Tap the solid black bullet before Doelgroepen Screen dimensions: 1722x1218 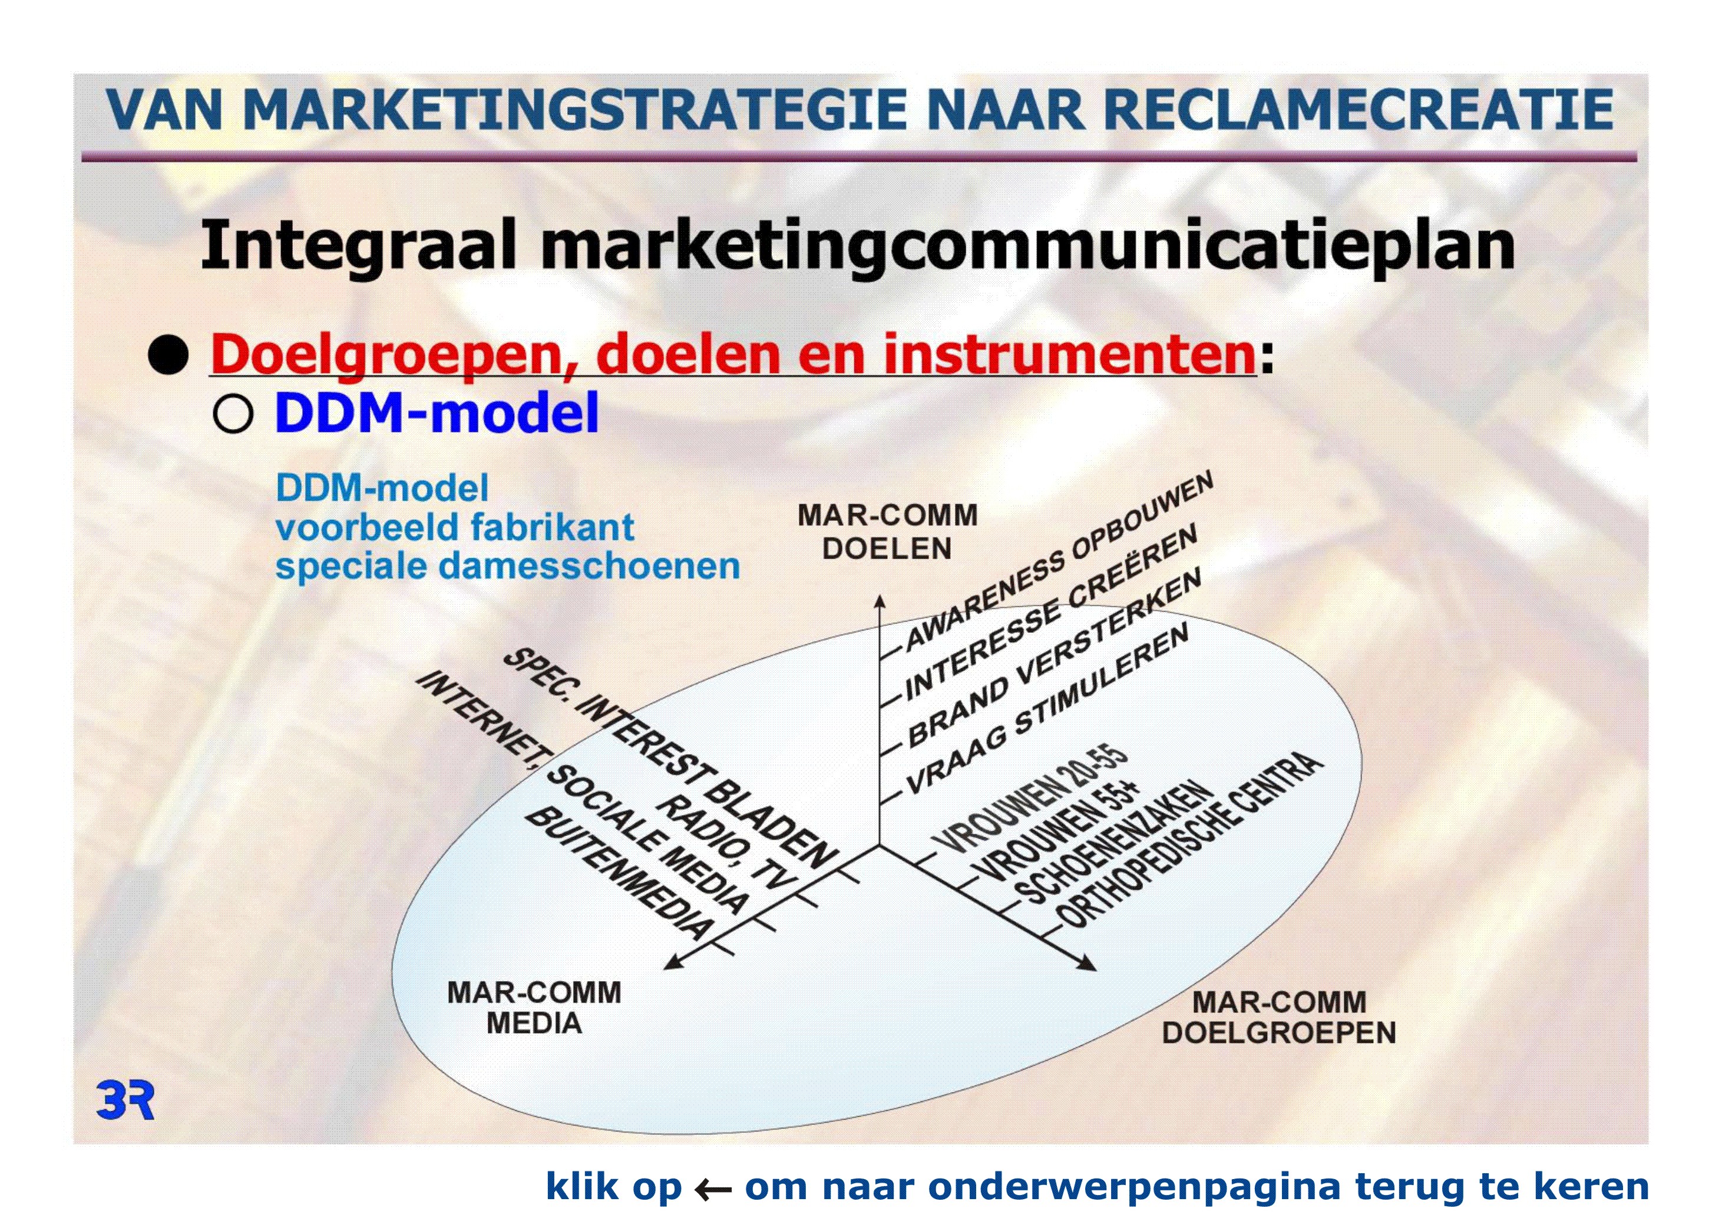168,355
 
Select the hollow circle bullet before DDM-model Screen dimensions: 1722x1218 233,413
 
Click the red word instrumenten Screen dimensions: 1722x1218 1069,354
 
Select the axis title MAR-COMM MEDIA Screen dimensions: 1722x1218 534,1007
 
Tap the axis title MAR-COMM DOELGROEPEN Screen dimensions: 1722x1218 1279,1017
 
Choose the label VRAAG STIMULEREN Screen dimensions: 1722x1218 1047,709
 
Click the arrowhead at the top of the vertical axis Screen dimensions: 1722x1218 881,600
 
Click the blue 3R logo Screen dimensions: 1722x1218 125,1100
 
